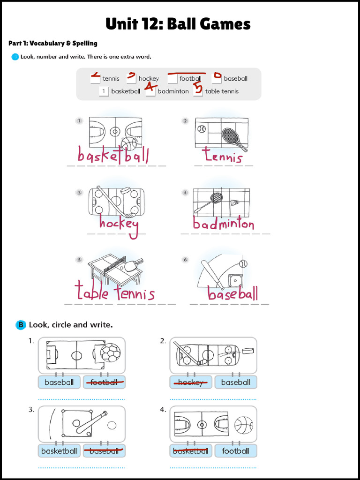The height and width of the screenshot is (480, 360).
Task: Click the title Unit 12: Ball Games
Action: click(178, 24)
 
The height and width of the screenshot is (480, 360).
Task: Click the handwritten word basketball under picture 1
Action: click(113, 155)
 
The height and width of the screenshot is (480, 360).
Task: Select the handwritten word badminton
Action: click(224, 224)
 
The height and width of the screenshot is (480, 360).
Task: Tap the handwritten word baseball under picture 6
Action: click(232, 293)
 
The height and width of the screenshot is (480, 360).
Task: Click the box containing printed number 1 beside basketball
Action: click(104, 91)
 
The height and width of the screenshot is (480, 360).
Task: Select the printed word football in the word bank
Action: click(190, 79)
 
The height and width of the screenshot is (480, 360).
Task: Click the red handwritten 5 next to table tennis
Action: click(198, 89)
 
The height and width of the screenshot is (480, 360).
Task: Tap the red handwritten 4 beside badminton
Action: click(150, 86)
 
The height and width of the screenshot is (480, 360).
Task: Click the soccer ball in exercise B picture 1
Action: click(111, 352)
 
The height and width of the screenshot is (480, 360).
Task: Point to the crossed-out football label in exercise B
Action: click(104, 382)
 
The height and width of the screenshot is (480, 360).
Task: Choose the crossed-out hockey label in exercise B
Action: click(190, 382)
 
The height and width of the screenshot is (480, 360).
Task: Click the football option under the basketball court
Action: click(235, 451)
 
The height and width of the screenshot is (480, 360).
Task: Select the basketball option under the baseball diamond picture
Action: click(59, 451)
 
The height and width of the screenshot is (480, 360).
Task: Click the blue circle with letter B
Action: click(21, 325)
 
